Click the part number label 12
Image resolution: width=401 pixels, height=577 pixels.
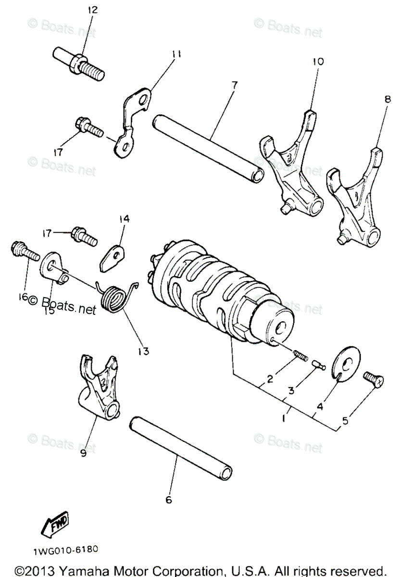(92, 10)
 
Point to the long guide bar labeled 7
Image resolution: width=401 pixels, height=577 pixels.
(208, 148)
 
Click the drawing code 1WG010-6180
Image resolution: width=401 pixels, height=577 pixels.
(66, 549)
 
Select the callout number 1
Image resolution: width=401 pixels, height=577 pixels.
(284, 418)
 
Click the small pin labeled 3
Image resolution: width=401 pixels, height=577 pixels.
(317, 366)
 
